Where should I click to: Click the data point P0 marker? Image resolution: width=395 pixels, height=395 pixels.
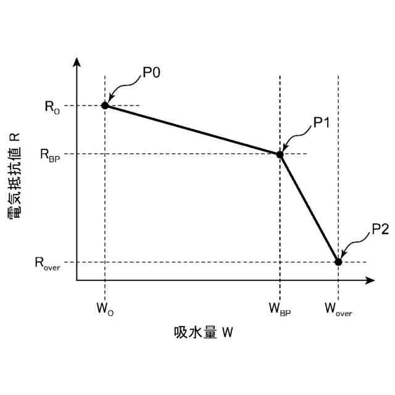tap(105, 106)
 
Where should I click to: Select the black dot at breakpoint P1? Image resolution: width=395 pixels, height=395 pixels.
tap(280, 154)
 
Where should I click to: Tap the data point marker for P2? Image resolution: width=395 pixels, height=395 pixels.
tap(338, 262)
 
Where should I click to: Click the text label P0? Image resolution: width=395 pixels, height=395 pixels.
tap(151, 73)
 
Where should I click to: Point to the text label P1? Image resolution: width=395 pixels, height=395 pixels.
tap(322, 123)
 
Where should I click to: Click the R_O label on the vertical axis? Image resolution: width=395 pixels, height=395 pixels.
tap(52, 106)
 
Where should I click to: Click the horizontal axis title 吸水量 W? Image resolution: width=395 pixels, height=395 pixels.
tap(204, 333)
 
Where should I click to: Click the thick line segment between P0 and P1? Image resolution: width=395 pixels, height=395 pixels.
tap(192, 130)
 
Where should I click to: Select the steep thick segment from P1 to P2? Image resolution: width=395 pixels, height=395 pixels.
tap(309, 208)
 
